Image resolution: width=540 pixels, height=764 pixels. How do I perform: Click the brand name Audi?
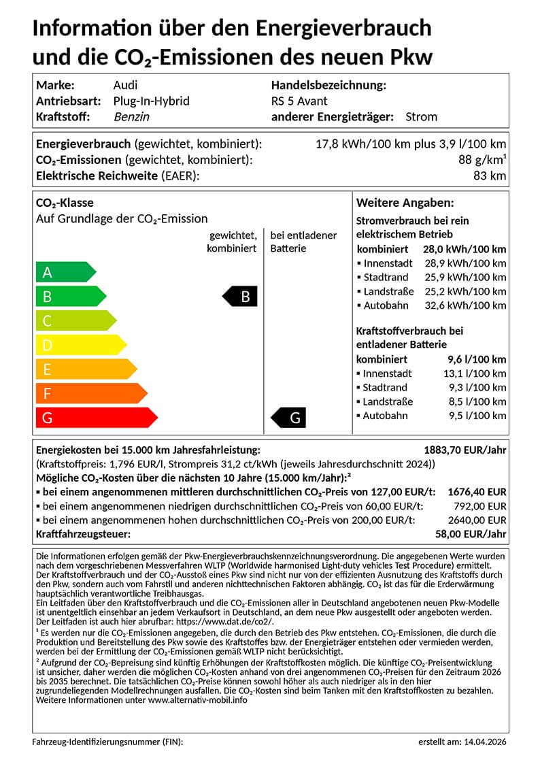click(125, 85)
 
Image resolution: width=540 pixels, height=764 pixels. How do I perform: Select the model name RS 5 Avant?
click(299, 101)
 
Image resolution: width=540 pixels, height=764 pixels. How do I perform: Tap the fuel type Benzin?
click(132, 117)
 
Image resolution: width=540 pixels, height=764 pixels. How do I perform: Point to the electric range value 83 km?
click(490, 176)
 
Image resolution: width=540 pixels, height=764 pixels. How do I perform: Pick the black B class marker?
click(241, 297)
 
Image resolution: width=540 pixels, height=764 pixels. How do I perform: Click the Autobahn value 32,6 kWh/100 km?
click(466, 305)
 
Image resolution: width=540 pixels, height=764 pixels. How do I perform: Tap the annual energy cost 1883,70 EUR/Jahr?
click(465, 450)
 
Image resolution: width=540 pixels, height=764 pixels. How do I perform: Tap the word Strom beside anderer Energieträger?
click(421, 117)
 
